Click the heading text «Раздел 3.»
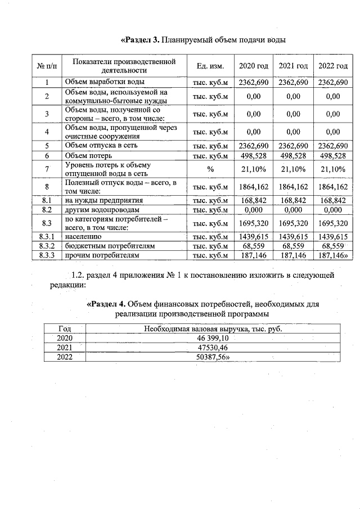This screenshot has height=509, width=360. [141, 40]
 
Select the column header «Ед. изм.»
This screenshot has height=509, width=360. [210, 66]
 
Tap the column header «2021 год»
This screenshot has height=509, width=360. [293, 66]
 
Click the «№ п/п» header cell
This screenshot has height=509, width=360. [47, 66]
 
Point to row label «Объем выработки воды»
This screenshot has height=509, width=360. [101, 83]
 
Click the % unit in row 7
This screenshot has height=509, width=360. [210, 169]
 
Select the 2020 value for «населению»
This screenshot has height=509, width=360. [254, 237]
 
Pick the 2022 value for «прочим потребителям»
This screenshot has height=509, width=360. [333, 255]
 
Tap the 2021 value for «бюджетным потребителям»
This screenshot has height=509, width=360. [293, 246]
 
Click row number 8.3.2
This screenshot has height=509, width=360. [47, 246]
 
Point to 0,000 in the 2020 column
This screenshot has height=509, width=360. [254, 209]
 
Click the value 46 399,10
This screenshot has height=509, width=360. [213, 337]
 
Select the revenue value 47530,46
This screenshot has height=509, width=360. [213, 347]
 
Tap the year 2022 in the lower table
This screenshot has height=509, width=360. [65, 357]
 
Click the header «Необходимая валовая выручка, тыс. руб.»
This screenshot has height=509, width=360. [213, 328]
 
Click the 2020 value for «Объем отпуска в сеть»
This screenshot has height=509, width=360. [254, 146]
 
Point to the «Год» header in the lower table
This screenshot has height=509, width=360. [65, 328]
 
